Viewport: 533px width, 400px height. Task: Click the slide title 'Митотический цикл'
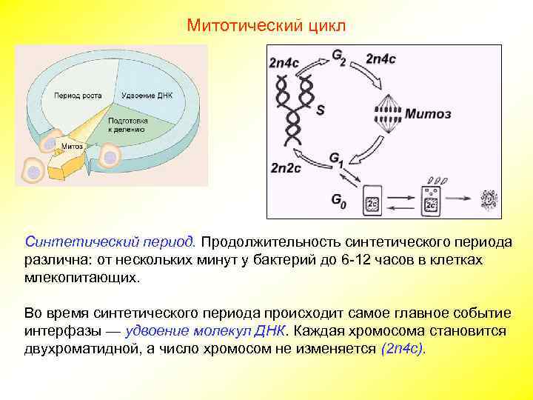tap(266, 25)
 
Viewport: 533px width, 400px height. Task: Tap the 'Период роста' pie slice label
tap(73, 96)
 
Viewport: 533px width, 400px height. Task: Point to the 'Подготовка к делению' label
tap(128, 124)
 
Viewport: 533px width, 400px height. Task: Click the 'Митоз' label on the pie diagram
tap(72, 146)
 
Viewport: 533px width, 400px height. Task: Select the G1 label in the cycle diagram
tap(337, 159)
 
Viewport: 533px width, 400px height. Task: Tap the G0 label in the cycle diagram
tap(338, 199)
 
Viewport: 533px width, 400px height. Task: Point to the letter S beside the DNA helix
tap(321, 110)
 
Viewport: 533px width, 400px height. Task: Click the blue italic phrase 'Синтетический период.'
tap(110, 242)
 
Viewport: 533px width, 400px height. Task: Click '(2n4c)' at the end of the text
tap(403, 348)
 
